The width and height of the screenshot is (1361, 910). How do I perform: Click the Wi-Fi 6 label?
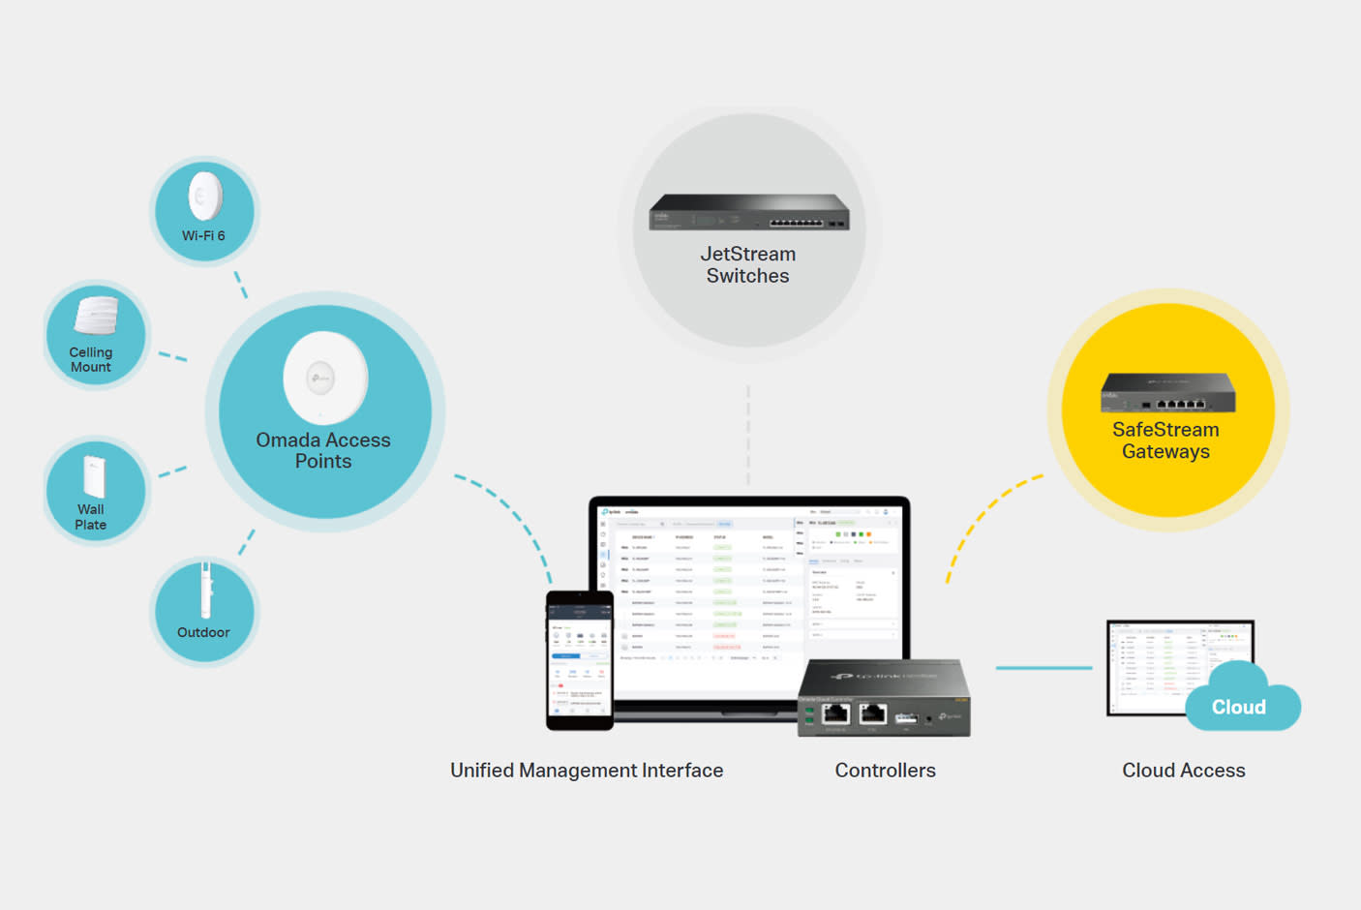203,235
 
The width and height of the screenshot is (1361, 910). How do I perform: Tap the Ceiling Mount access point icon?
96,316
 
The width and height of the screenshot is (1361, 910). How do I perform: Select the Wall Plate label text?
91,517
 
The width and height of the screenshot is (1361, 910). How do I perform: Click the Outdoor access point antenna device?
205,591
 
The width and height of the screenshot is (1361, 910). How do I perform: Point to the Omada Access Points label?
323,450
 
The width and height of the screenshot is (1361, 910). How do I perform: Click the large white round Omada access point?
325,378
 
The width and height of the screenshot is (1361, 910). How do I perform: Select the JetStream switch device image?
748,212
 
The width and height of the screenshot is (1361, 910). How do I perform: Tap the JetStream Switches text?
748,264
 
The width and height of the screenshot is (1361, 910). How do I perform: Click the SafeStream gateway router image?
1167,392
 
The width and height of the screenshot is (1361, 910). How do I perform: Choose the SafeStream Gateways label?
1165,440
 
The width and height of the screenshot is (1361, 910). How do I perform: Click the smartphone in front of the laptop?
580,659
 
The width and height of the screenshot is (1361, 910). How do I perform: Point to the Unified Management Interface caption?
587,771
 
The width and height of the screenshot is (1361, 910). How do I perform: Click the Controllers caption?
885,771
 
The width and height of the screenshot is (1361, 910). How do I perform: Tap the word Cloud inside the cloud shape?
1239,707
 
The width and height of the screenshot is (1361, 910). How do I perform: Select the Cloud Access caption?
1183,771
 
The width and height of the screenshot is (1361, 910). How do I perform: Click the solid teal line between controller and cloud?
1043,668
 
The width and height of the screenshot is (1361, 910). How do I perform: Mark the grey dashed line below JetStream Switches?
748,436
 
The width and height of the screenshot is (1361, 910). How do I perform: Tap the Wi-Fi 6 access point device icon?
205,197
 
